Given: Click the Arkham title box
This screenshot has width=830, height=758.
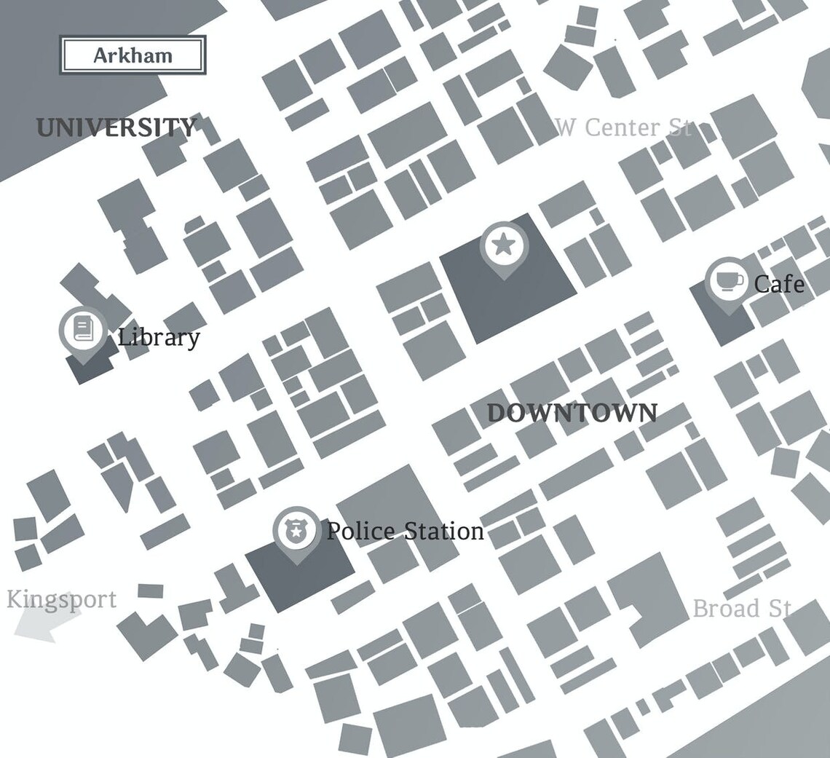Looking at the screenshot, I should (x=133, y=55).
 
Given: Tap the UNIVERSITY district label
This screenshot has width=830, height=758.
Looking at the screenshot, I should (x=116, y=128).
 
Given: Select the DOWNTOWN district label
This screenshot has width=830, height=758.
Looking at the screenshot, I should (x=572, y=413).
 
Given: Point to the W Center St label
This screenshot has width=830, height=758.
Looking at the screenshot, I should (x=622, y=127).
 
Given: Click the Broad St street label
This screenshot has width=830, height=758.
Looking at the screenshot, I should (x=741, y=608).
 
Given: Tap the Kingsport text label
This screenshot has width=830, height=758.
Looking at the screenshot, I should (x=61, y=600).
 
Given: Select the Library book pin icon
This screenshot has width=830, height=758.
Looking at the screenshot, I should (x=82, y=330).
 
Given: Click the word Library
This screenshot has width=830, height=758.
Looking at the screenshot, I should (x=159, y=337).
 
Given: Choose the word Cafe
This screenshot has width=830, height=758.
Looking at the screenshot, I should (x=779, y=283).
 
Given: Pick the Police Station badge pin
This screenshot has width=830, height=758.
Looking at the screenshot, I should (x=296, y=531).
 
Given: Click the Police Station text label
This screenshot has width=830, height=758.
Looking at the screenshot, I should (x=405, y=531).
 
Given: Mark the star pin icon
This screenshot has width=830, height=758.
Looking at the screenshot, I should (x=503, y=245).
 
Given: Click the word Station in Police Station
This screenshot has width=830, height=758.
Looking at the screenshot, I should (x=444, y=531).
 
